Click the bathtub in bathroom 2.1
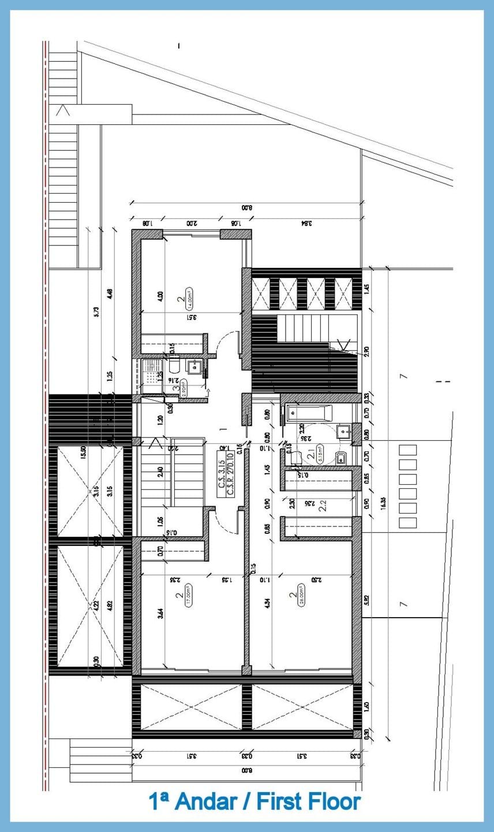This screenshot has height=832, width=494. pyautogui.click(x=310, y=414)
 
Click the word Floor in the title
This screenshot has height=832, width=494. pyautogui.click(x=332, y=801)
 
